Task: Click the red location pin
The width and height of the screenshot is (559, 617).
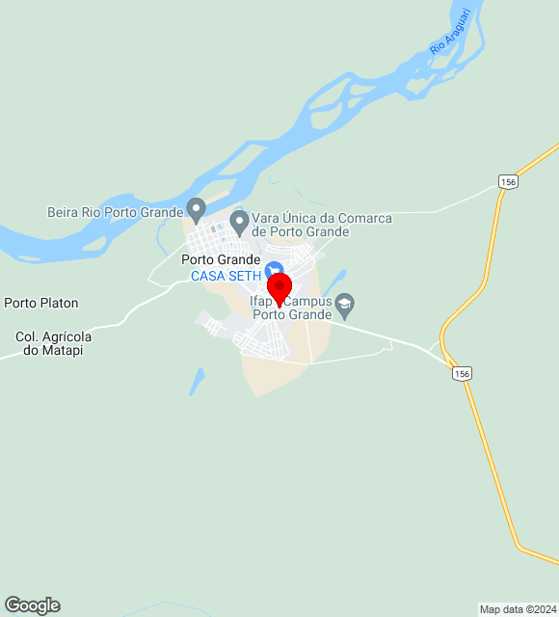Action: click(x=279, y=287)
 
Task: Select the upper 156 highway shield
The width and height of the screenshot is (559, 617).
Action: click(x=509, y=181)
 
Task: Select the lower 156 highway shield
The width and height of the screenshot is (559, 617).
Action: click(x=463, y=373)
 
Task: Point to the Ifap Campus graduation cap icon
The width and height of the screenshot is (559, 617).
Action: click(x=344, y=307)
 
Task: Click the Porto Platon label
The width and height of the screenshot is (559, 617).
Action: click(x=41, y=303)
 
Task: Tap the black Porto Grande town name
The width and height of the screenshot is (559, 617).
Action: click(x=221, y=259)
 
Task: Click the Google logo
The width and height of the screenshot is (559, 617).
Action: click(x=32, y=605)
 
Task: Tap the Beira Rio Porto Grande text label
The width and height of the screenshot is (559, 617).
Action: click(x=115, y=211)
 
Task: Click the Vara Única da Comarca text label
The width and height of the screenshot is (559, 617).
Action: click(x=322, y=225)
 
